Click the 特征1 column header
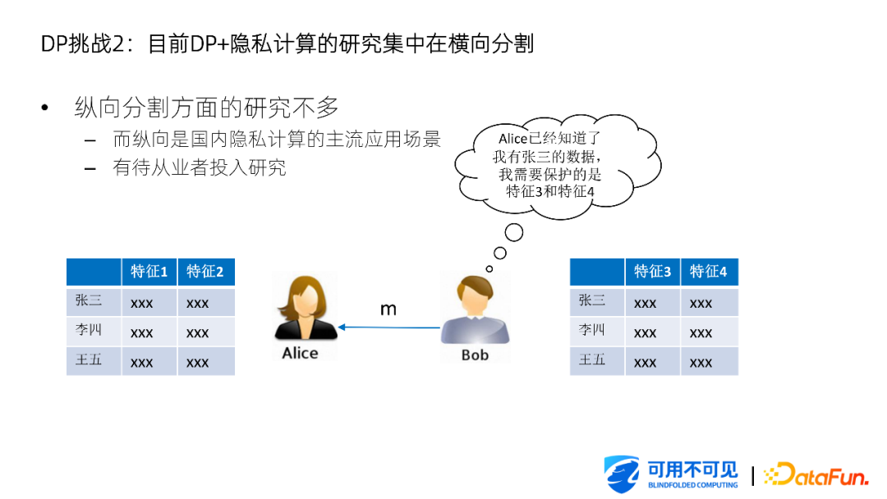pos(149,272)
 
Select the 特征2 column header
pos(205,272)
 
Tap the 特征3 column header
pos(652,272)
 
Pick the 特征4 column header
pos(709,272)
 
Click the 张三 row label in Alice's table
pos(89,300)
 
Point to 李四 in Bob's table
pos(591,329)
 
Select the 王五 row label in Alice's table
pos(89,359)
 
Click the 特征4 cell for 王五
pos(701,363)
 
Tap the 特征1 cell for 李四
pos(141,333)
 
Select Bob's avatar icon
pos(476,309)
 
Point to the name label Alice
pos(300,353)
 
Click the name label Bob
pos(476,355)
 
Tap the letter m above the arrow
pos(388,309)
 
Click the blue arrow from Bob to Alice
pos(389,327)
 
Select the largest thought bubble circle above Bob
pos(513,232)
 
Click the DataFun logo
pos(816,474)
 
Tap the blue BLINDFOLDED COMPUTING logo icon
pos(622,474)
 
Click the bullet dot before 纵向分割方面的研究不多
pos(44,108)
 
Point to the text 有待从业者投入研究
pos(199,168)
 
